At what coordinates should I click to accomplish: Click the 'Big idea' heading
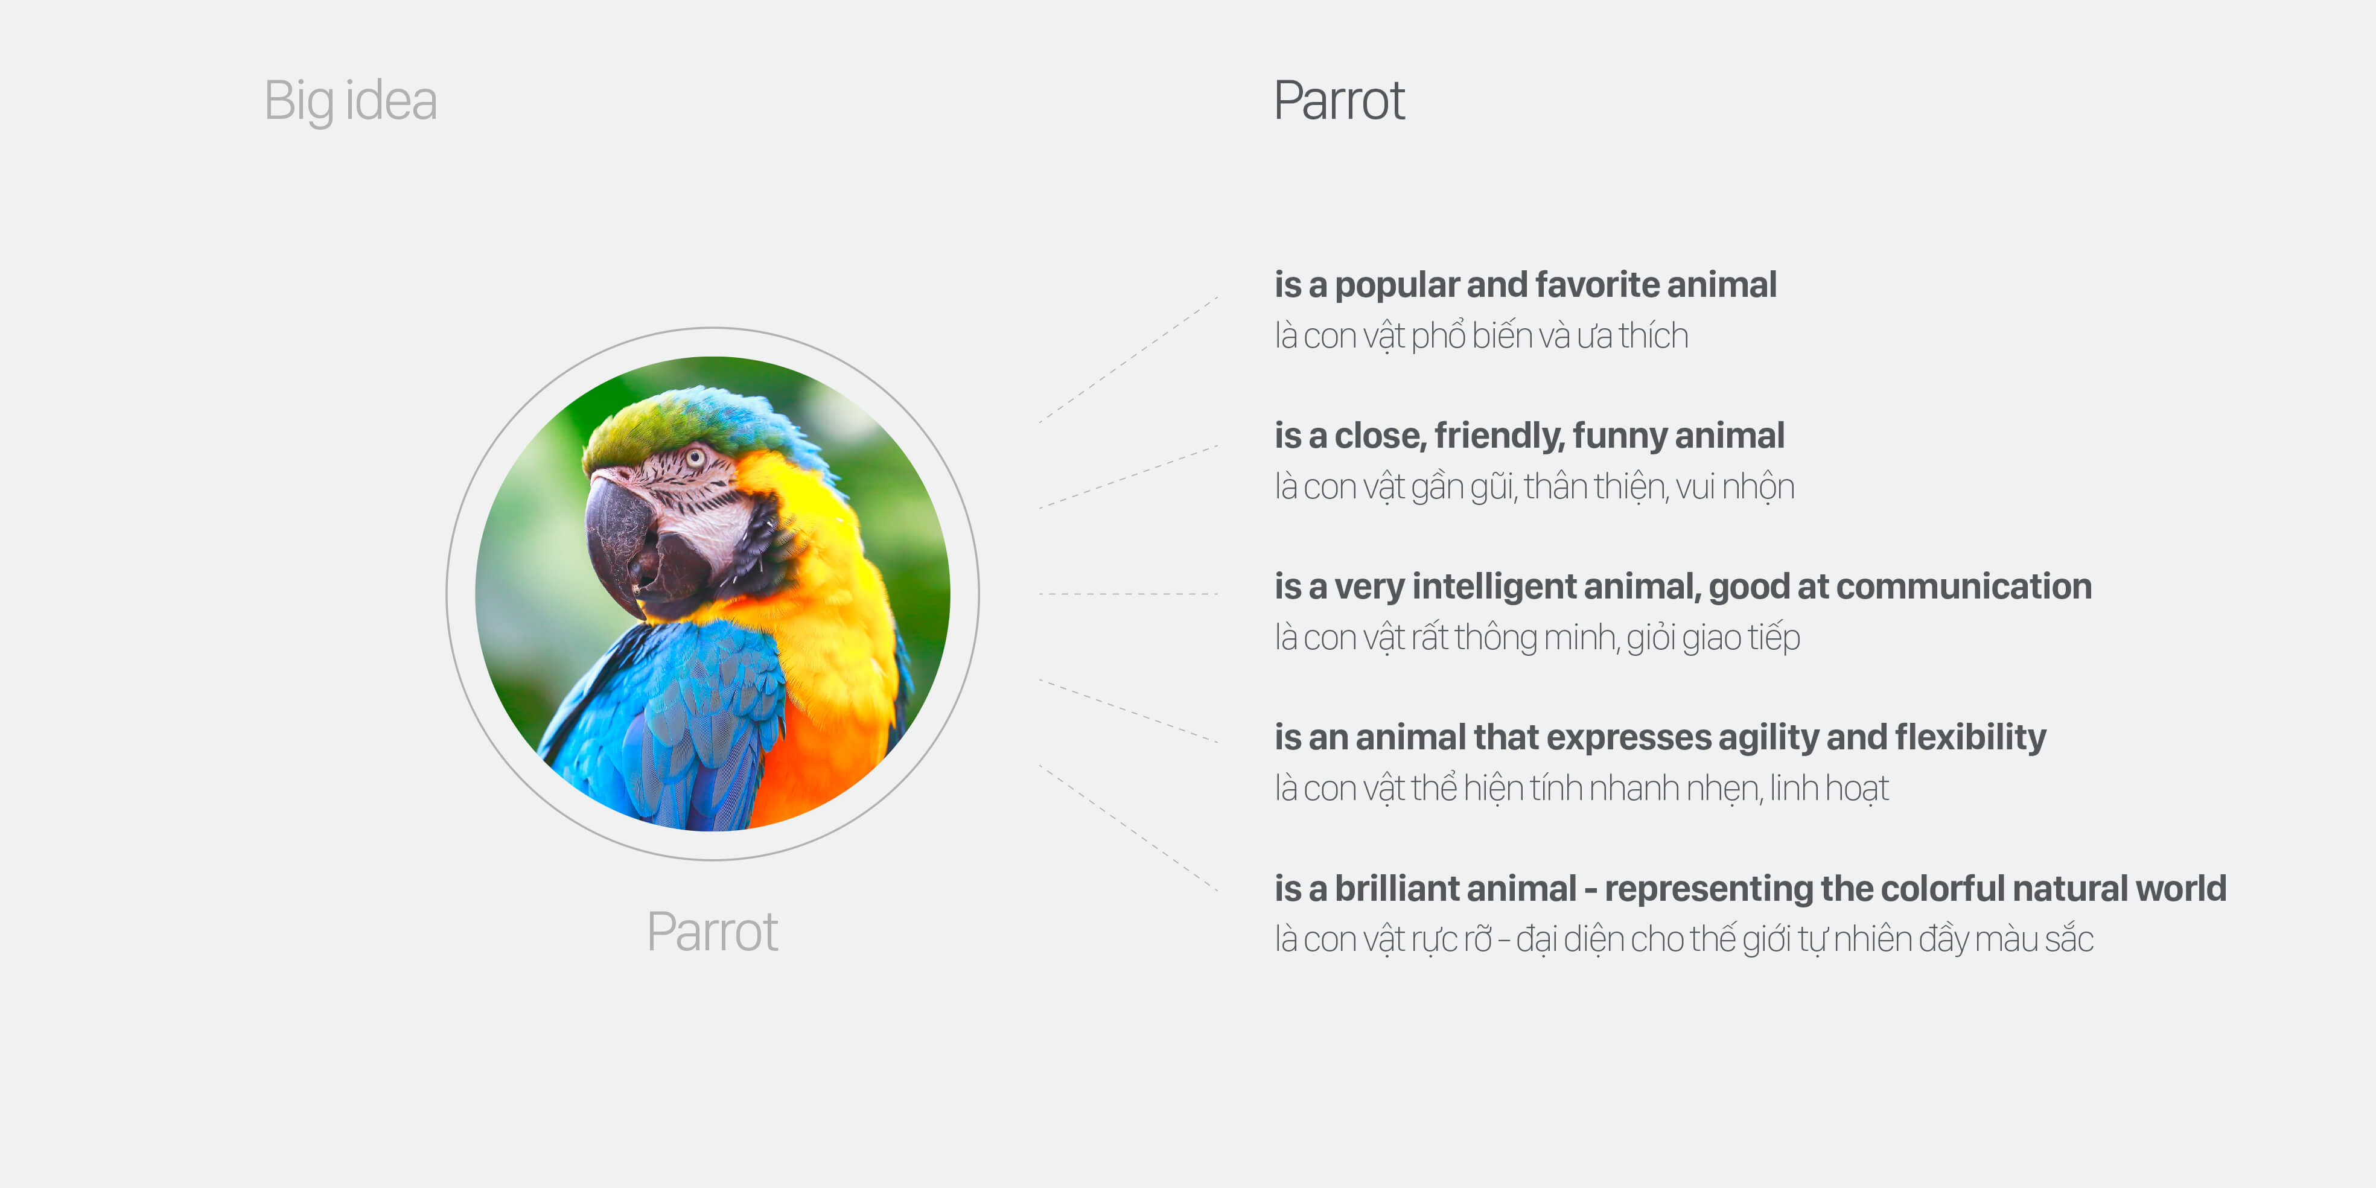tap(351, 101)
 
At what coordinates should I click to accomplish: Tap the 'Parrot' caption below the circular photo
tap(712, 932)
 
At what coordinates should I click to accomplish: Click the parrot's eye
tap(695, 457)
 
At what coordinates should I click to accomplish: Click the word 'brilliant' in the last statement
tap(1456, 889)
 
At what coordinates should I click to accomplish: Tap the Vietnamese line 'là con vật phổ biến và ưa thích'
tap(1482, 335)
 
